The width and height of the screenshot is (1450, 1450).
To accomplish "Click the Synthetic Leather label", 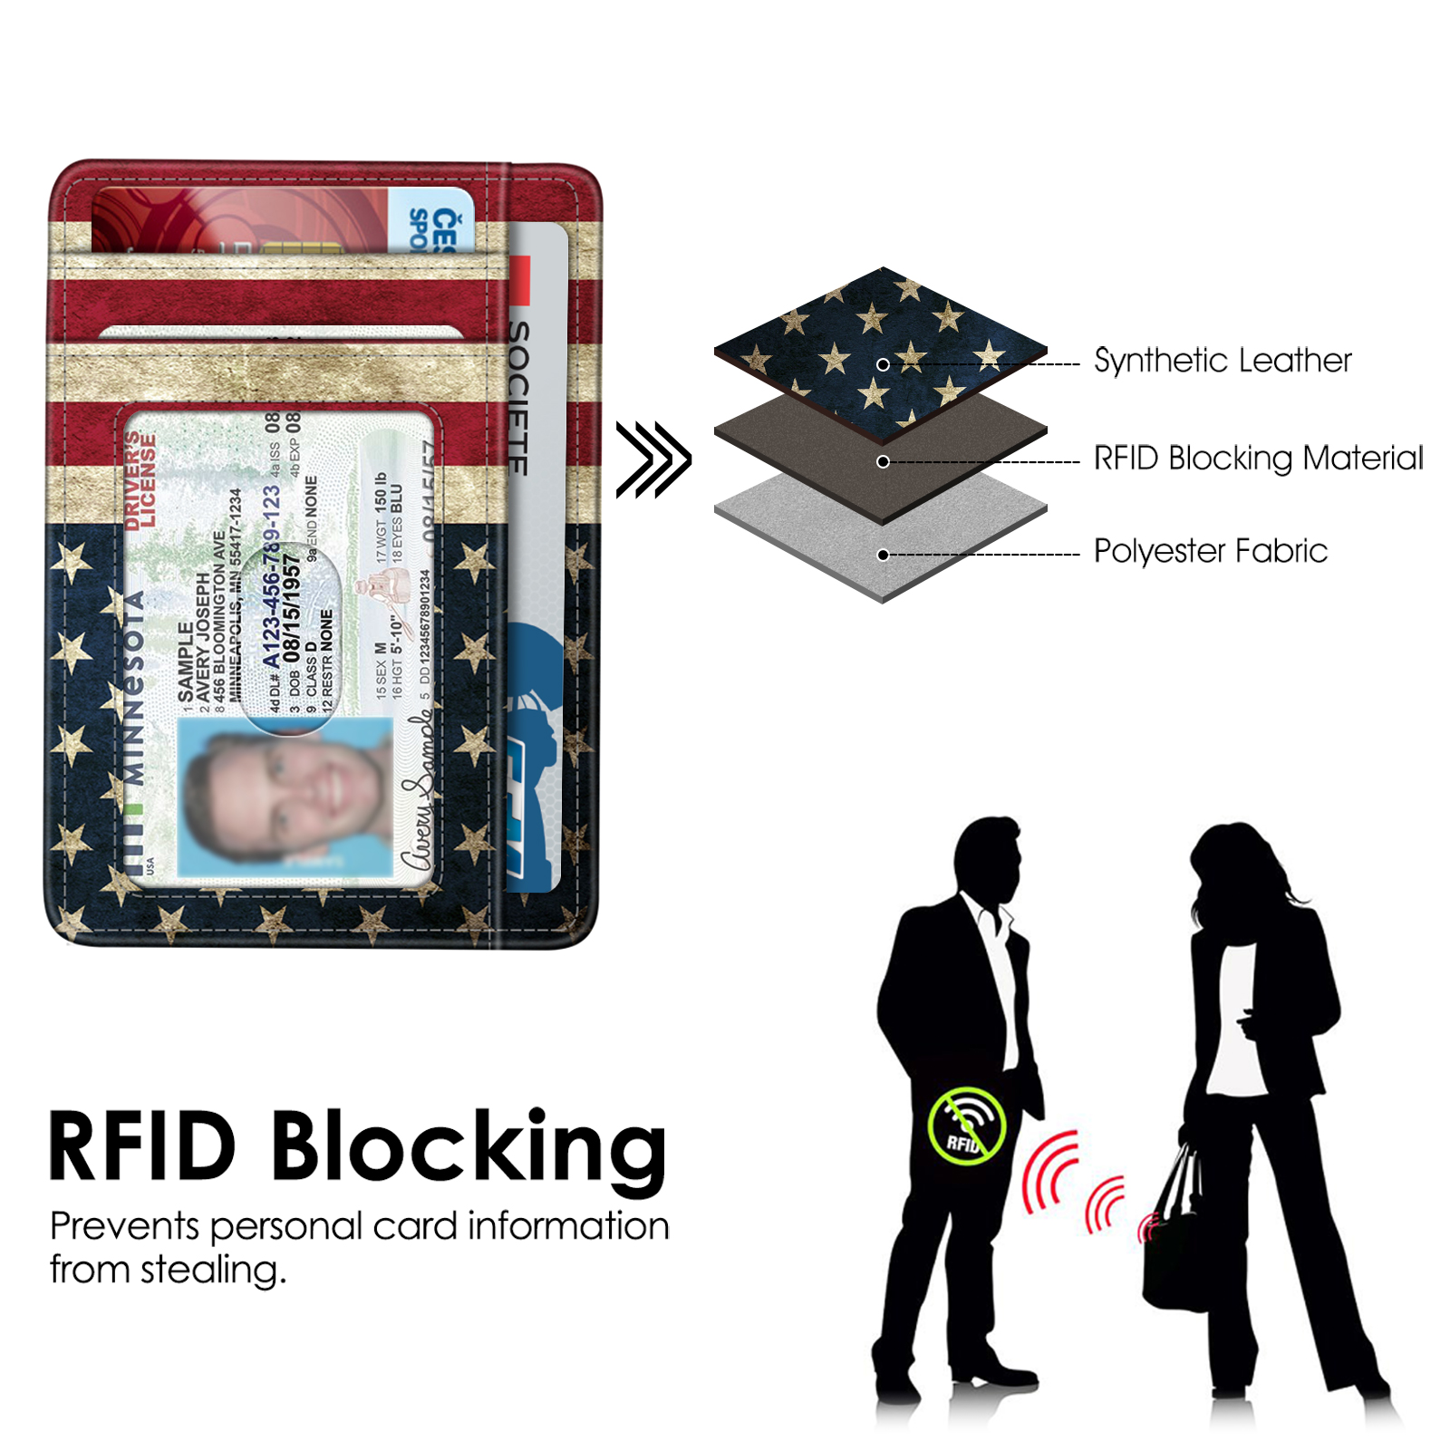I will (x=1222, y=361).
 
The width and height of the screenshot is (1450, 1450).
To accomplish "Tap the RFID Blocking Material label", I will (x=1258, y=459).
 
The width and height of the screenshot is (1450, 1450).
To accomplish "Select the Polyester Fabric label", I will (x=1210, y=551).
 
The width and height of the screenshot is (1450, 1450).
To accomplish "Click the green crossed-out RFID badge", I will (x=967, y=1126).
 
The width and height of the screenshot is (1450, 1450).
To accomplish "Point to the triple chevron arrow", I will (x=653, y=459).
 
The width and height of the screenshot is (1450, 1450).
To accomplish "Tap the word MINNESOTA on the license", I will (x=133, y=689).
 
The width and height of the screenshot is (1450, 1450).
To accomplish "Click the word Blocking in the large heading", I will (x=468, y=1149).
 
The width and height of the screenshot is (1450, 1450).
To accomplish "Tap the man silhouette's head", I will (x=988, y=856).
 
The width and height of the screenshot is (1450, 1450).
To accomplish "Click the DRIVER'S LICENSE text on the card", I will (x=140, y=480).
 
